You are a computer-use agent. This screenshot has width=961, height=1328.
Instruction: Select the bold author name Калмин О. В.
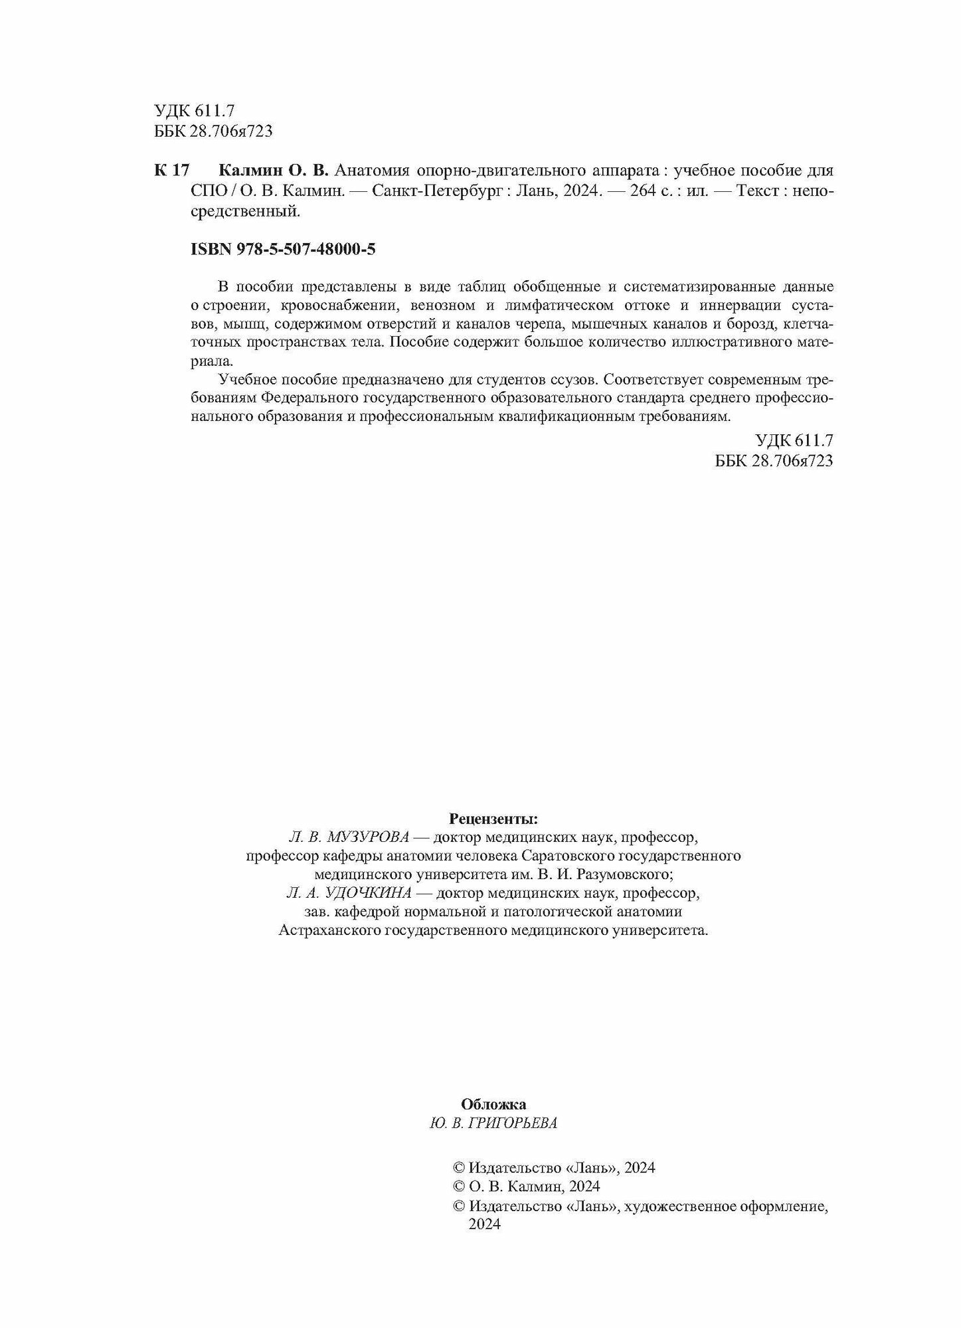[273, 171]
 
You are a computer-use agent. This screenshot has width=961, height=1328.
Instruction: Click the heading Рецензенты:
[493, 818]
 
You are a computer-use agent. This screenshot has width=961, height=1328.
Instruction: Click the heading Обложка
[493, 1104]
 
